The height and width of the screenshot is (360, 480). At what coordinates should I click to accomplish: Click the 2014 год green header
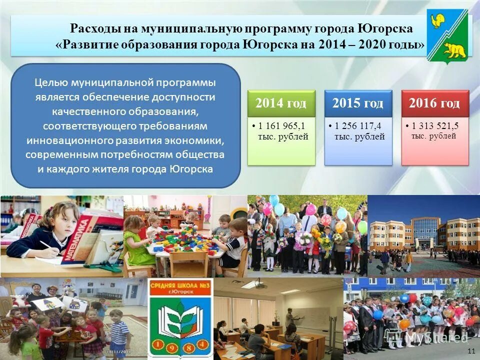coord(281,103)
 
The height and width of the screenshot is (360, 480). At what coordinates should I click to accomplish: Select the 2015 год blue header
coord(358,103)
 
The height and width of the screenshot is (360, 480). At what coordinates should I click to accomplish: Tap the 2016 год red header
coord(434,103)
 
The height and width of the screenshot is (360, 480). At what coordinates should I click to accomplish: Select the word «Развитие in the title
coord(86,44)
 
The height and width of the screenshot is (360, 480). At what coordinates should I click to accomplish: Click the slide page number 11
coord(470,351)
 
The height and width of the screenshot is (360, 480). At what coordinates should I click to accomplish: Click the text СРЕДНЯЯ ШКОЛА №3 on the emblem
coord(180,286)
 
